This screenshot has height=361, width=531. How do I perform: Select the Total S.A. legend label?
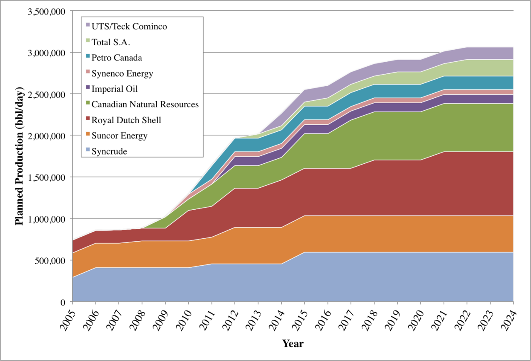point(111,42)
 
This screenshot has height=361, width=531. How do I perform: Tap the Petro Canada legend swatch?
point(88,56)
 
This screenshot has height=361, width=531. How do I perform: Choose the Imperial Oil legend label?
point(114,89)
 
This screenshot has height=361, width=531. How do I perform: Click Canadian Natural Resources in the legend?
point(145,104)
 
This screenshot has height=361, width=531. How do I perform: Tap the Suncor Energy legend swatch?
point(88,134)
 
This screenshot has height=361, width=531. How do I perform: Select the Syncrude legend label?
point(109,151)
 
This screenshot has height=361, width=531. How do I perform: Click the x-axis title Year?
point(293,344)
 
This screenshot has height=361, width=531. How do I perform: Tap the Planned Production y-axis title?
point(19,156)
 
